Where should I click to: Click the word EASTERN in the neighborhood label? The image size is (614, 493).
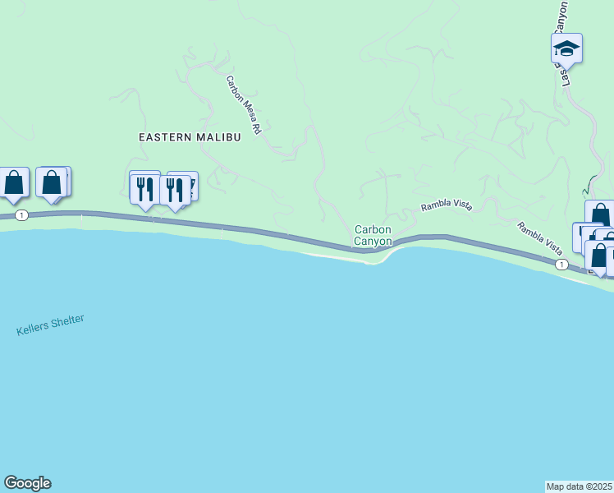coord(165,137)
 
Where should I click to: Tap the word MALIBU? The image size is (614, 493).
coord(218,137)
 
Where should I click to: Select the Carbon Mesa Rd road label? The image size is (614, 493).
coord(245,105)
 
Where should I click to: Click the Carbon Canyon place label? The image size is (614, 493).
coord(373,235)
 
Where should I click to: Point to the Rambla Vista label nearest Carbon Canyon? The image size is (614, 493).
coord(447,207)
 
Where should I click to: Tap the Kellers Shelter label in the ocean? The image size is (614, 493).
coord(50,325)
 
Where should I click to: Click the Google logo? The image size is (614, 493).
coord(27,483)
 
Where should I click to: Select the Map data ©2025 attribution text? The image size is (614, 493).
coord(580,486)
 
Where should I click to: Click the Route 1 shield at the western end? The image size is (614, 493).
coord(21,215)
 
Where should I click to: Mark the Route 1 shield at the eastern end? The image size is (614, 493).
coord(561,265)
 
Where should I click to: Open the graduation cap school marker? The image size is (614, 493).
coord(566,48)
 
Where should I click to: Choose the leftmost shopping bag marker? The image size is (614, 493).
coord(14,183)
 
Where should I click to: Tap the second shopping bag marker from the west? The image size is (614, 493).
coord(52,183)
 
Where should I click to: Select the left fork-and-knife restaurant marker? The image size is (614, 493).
coord(145,188)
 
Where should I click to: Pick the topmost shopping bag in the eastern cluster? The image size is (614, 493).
coord(600,214)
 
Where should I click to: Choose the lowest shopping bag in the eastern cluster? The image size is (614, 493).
coord(599,256)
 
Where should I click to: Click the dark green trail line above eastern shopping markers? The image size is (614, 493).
coord(590,182)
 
